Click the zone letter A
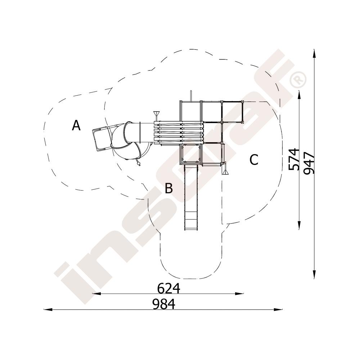tap(76, 125)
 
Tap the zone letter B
tap(169, 188)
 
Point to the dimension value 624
tap(168, 288)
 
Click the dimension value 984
tap(164, 304)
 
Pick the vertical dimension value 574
tap(294, 159)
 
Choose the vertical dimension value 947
tap(309, 163)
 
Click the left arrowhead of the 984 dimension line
tap(48, 310)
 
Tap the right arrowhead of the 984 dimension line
tap(278, 310)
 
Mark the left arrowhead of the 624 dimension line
tap(96, 294)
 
